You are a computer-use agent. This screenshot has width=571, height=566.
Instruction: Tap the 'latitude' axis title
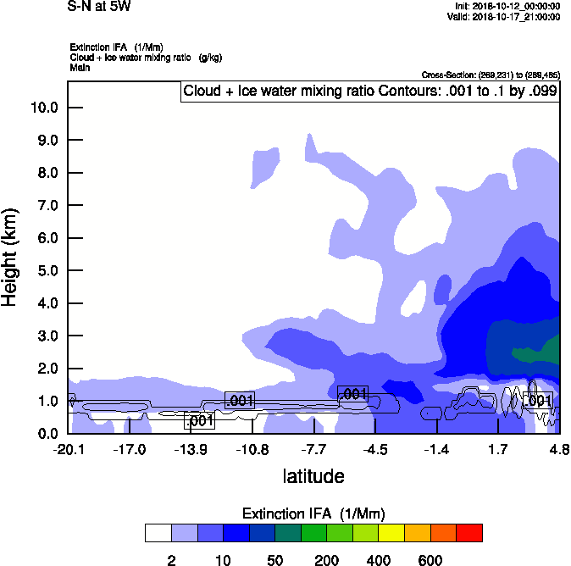coord(313,476)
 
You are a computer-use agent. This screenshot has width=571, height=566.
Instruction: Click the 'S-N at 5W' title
coord(98,7)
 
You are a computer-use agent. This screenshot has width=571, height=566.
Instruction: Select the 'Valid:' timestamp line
coord(505,16)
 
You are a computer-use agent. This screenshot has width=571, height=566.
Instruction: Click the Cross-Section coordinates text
coord(490,75)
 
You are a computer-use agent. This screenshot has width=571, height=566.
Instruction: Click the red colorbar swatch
coord(469,533)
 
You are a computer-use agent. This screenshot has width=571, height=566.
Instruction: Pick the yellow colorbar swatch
coord(391,533)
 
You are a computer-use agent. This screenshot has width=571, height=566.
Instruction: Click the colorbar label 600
coord(430,559)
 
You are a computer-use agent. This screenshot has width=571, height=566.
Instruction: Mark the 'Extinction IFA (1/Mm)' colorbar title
coord(314,513)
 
